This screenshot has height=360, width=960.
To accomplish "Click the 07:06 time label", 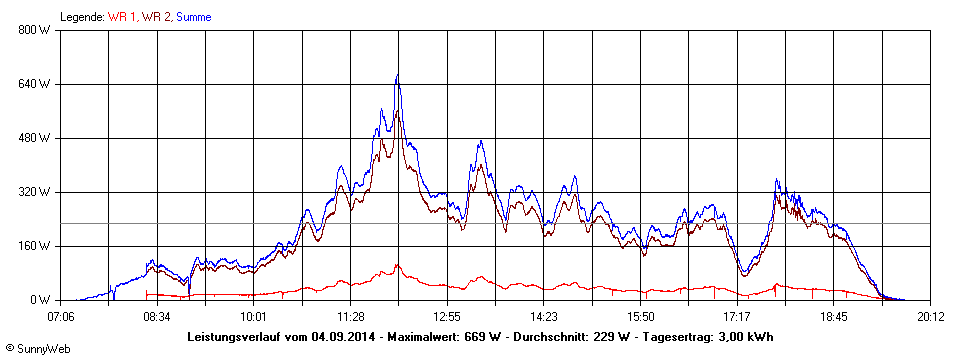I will (x=60, y=317).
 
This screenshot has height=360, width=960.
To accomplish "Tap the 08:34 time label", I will (x=157, y=317).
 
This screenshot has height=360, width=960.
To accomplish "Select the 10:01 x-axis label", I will (x=254, y=317).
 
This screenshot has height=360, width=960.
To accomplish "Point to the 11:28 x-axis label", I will (x=350, y=317).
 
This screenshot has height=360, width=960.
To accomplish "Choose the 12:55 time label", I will (x=447, y=317).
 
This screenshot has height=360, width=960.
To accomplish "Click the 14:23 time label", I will (x=544, y=317).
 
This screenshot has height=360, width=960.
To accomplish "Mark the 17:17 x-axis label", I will (x=737, y=317).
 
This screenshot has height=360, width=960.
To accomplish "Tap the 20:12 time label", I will (x=930, y=317).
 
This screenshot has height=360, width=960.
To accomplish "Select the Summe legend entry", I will (x=194, y=17).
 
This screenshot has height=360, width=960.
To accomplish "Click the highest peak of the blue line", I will (x=397, y=75).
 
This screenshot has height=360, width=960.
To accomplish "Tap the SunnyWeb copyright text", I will (x=38, y=349).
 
